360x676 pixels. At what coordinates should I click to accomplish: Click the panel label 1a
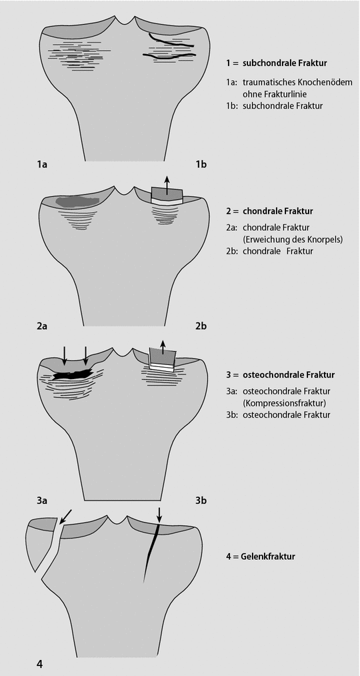tap(42, 164)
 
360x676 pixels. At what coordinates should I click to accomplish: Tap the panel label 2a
tap(42, 326)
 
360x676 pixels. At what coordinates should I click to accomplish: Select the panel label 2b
tap(201, 326)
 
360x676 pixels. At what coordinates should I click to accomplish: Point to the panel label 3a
tap(42, 500)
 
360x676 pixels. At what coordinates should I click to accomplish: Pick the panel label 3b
tap(201, 500)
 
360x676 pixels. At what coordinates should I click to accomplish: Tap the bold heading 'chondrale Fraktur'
tap(278, 212)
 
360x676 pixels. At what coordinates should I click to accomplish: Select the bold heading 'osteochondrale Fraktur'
tap(289, 375)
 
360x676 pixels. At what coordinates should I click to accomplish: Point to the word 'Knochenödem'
tap(328, 82)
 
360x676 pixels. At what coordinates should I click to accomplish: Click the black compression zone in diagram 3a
tap(73, 374)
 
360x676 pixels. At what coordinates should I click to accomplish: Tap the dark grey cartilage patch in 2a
tap(78, 201)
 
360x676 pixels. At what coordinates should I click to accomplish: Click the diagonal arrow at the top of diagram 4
tap(66, 516)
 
